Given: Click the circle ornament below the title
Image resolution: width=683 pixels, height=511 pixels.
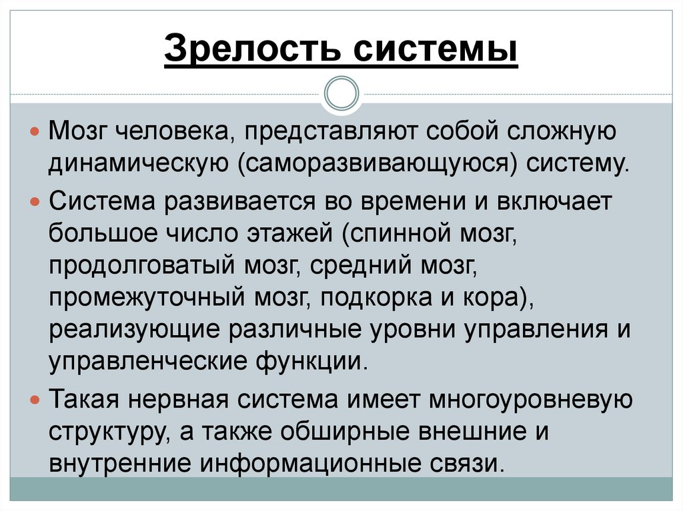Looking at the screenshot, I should pyautogui.click(x=341, y=93).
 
